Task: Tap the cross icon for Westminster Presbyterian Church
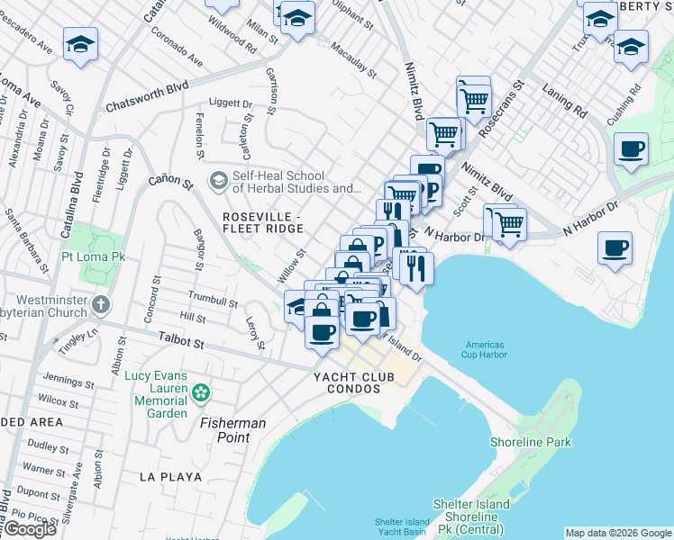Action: [100, 306]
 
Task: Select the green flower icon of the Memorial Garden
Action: [200, 392]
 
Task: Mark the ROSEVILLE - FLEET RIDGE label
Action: [262, 224]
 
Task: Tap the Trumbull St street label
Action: [212, 298]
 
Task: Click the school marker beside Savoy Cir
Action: [81, 45]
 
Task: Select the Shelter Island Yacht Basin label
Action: [402, 527]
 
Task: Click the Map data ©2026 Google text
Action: [618, 533]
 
